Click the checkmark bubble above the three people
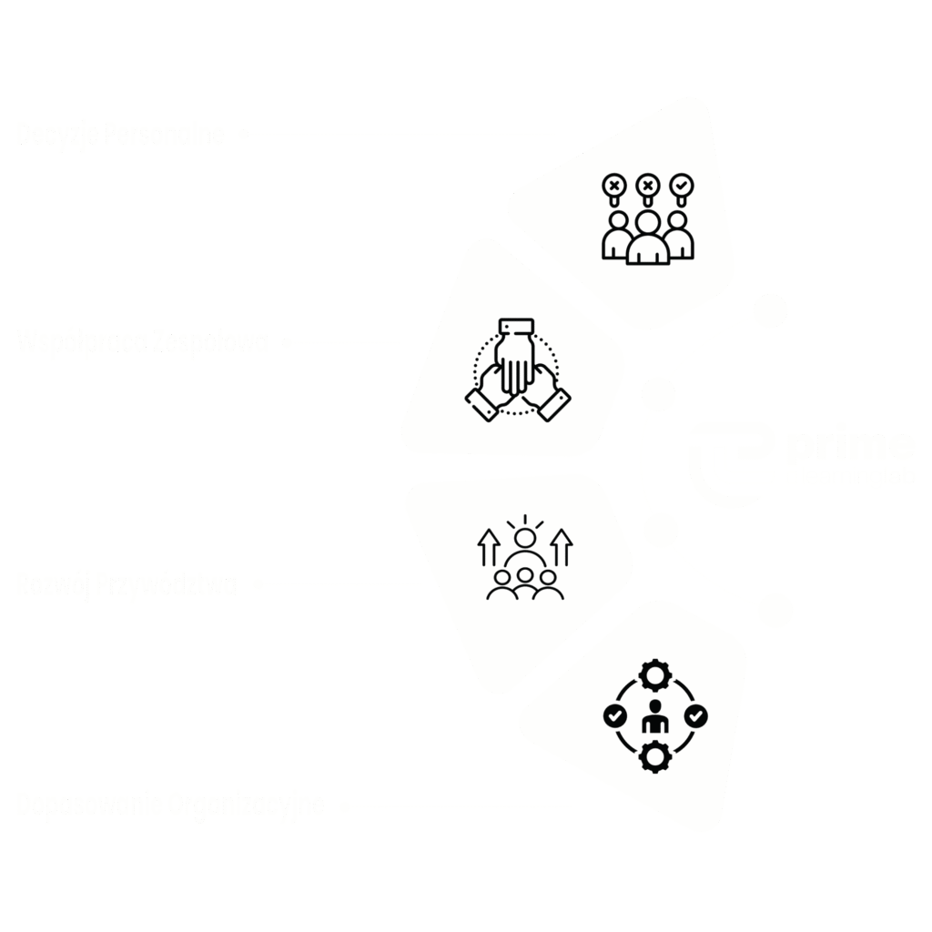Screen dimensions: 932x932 point(682,187)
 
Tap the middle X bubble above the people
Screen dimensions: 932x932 point(648,187)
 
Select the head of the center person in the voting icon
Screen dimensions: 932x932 point(648,222)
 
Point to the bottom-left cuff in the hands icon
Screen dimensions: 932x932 point(481,405)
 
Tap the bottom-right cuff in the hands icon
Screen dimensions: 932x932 point(553,405)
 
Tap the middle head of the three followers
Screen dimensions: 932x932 point(525,575)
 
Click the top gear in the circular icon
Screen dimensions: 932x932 point(655,675)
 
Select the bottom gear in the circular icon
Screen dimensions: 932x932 point(655,756)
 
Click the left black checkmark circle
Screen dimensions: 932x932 point(615,716)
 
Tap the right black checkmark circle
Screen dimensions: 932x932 point(695,716)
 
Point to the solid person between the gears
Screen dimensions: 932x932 point(655,718)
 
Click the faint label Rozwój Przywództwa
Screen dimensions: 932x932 point(127,583)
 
